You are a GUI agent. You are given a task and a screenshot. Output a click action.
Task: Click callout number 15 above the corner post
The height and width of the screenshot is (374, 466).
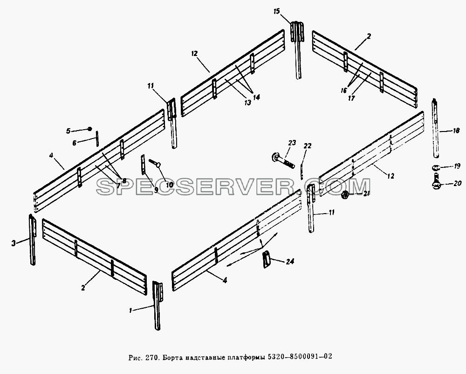click(277, 12)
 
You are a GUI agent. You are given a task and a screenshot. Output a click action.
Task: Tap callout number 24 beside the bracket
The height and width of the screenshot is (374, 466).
click(290, 261)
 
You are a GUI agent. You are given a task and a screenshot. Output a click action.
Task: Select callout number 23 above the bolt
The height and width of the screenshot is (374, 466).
click(292, 143)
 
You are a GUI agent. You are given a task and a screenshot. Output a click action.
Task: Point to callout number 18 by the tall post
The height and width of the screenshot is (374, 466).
click(457, 131)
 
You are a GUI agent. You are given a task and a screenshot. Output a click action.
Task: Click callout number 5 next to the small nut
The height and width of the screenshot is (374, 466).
click(68, 131)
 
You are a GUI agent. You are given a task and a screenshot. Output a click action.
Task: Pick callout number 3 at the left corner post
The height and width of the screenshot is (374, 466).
click(14, 243)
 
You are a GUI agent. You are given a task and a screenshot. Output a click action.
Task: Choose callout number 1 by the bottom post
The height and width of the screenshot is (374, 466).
click(130, 311)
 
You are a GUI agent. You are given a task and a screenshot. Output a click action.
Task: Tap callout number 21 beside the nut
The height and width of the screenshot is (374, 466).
click(366, 194)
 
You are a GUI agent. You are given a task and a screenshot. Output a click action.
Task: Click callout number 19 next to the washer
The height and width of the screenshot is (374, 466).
click(457, 166)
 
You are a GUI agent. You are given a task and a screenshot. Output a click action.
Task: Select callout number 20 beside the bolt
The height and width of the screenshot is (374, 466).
click(458, 183)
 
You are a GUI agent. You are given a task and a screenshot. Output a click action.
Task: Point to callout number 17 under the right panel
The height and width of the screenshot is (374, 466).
click(351, 98)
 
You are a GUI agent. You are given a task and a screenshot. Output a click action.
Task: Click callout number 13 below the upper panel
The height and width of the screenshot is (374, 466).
click(247, 102)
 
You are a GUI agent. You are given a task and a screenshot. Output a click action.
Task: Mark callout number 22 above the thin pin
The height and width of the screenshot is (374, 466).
click(307, 146)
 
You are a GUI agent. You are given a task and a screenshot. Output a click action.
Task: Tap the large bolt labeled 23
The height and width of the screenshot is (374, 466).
click(282, 160)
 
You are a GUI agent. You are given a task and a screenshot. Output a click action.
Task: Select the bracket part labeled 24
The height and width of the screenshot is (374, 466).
click(267, 260)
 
